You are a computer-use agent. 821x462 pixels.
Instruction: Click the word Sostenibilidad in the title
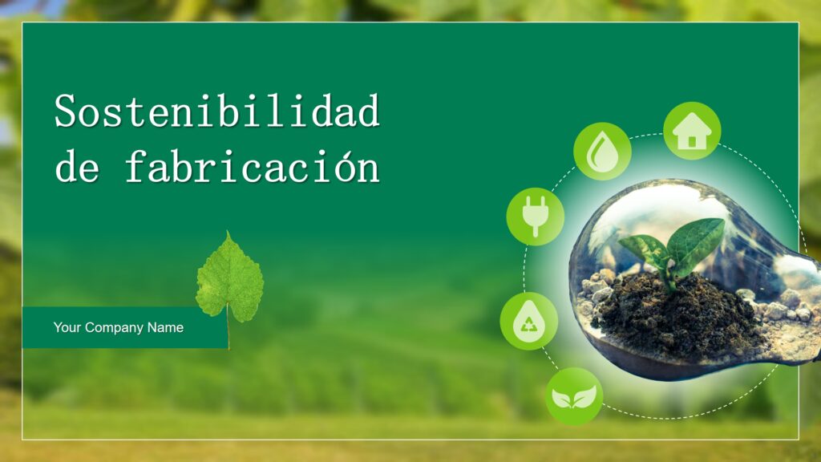[x=217, y=111]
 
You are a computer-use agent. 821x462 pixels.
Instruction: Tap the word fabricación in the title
[x=253, y=166]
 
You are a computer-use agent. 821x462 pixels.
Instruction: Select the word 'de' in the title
[x=77, y=166]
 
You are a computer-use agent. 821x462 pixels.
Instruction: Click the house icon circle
[x=692, y=131]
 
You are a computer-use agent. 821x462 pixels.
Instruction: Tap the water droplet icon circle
[x=602, y=152]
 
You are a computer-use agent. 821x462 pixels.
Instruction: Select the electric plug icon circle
[x=535, y=217]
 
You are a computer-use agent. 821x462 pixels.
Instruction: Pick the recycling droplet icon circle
[x=529, y=321]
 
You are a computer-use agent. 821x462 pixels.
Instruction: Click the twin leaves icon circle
[x=574, y=396]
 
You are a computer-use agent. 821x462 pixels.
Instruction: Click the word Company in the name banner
[x=114, y=328]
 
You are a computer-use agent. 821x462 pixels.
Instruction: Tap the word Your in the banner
[x=67, y=327]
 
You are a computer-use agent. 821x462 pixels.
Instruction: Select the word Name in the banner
[x=165, y=327]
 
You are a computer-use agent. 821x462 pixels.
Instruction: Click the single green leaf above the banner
[x=230, y=278]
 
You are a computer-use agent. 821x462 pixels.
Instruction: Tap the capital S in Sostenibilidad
[x=67, y=111]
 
